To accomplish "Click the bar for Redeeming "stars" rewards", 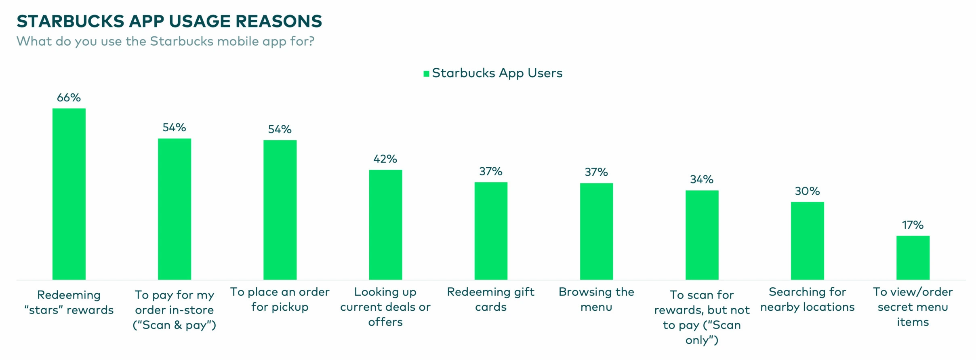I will [x=69, y=194].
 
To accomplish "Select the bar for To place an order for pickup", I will [x=280, y=210].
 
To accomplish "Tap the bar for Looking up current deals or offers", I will [x=385, y=225].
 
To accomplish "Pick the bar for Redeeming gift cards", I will [x=491, y=231].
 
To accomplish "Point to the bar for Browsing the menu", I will [x=596, y=231].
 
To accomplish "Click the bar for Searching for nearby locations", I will [x=807, y=241].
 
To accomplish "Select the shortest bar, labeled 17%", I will [x=913, y=258].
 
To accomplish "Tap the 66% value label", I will [x=69, y=98].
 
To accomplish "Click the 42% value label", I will [x=385, y=159].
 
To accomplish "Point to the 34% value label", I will [x=702, y=179].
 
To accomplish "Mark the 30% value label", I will [x=807, y=191].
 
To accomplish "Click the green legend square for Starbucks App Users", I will [x=426, y=74].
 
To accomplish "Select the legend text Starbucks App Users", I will [x=497, y=73].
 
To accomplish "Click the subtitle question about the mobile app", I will [x=165, y=41].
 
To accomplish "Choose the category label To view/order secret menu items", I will [x=913, y=307].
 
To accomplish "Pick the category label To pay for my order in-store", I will [x=174, y=310].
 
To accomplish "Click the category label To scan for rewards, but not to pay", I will [x=702, y=317].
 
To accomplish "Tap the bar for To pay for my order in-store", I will [x=175, y=209].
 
